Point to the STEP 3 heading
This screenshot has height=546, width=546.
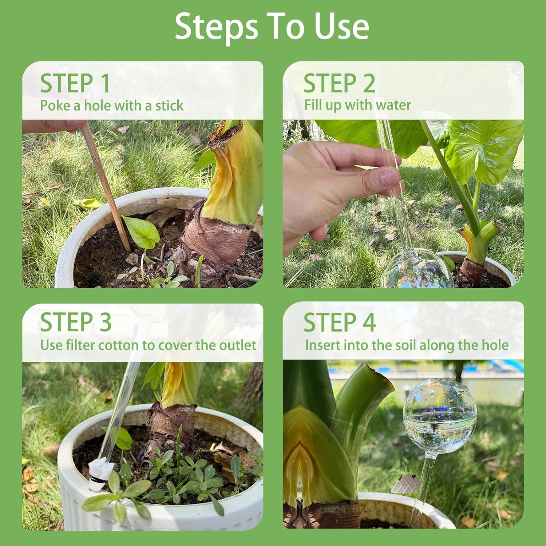[76, 322]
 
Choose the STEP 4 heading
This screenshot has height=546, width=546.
[339, 322]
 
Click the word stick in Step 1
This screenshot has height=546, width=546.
[169, 106]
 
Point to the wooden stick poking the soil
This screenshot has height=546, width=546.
[106, 186]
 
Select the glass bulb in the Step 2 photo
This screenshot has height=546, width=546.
[416, 269]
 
